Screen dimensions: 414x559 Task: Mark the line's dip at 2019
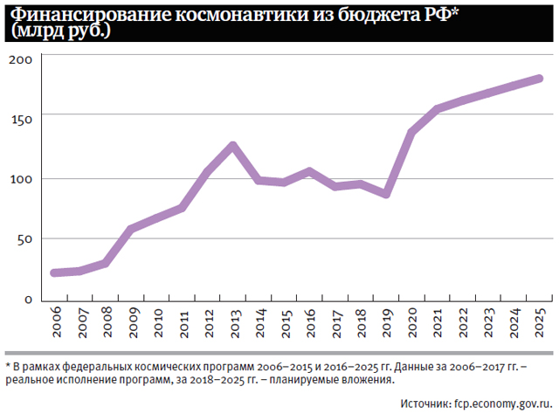pyautogui.click(x=385, y=194)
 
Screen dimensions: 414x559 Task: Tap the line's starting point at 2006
pyautogui.click(x=54, y=273)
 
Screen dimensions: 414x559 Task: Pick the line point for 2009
pyautogui.click(x=131, y=229)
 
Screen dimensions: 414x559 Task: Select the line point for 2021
pyautogui.click(x=437, y=109)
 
